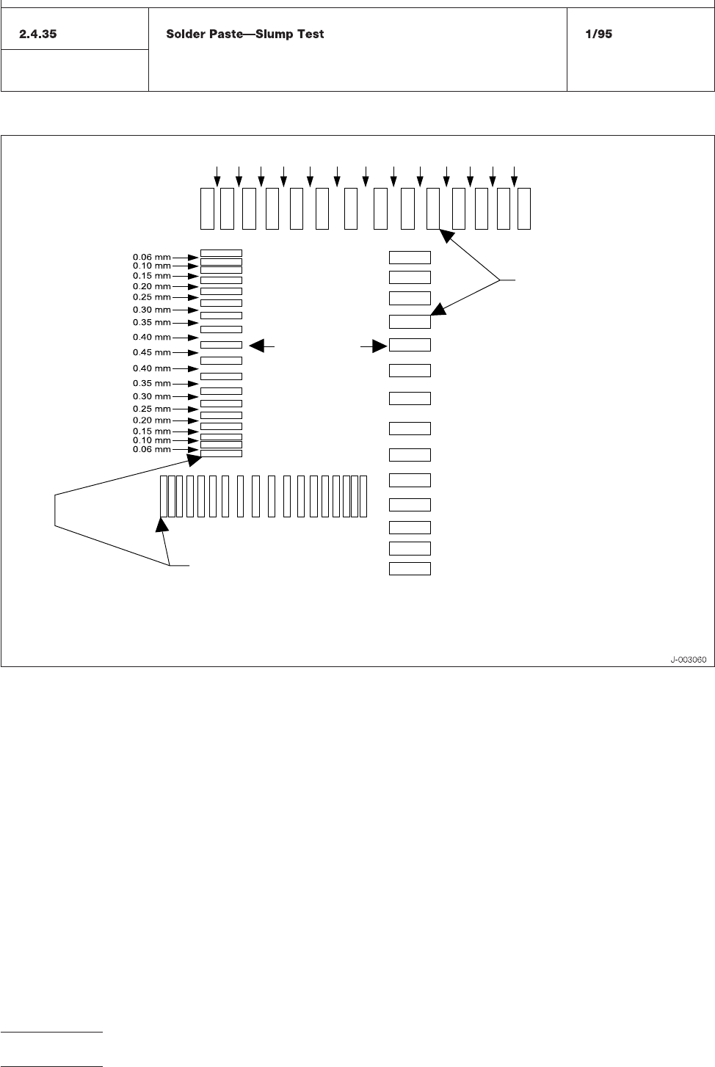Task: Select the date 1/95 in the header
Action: click(x=598, y=34)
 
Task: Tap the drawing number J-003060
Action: click(x=688, y=660)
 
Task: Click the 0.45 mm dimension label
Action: click(x=151, y=353)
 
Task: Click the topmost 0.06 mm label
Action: click(x=151, y=258)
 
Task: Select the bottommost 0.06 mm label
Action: click(x=151, y=449)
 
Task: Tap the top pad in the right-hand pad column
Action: click(x=410, y=257)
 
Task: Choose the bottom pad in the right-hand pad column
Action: click(x=410, y=569)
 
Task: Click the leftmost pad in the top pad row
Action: click(x=207, y=208)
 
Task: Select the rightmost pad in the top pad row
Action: click(x=524, y=208)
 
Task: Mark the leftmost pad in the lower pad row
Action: click(x=163, y=496)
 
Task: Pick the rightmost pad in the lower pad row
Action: click(x=363, y=496)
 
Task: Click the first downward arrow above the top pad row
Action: click(x=217, y=177)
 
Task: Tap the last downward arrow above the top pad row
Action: click(x=514, y=177)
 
